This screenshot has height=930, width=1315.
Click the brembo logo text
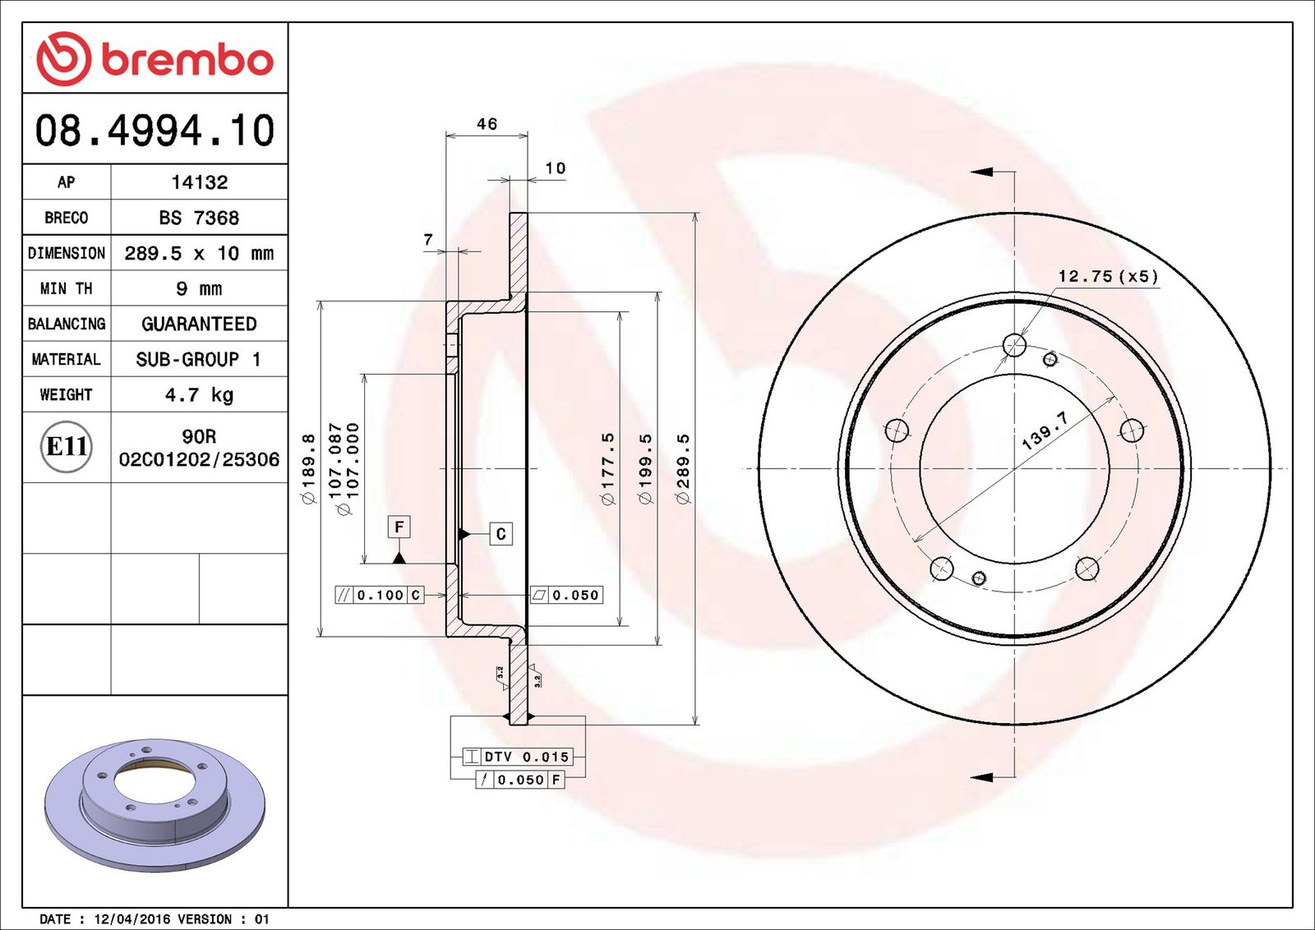[x=187, y=61]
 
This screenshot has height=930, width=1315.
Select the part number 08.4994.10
[x=155, y=131]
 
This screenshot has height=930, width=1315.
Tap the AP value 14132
[x=199, y=182]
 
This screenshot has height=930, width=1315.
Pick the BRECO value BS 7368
[x=199, y=218]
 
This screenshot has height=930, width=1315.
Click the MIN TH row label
[x=67, y=288]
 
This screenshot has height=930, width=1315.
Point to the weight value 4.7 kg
[x=199, y=395]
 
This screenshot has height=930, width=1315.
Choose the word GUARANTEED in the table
[x=199, y=324]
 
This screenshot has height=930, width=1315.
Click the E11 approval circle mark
[x=67, y=447]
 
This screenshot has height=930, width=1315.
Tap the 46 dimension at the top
[x=487, y=124]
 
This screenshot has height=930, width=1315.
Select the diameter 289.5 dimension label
[x=683, y=468]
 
